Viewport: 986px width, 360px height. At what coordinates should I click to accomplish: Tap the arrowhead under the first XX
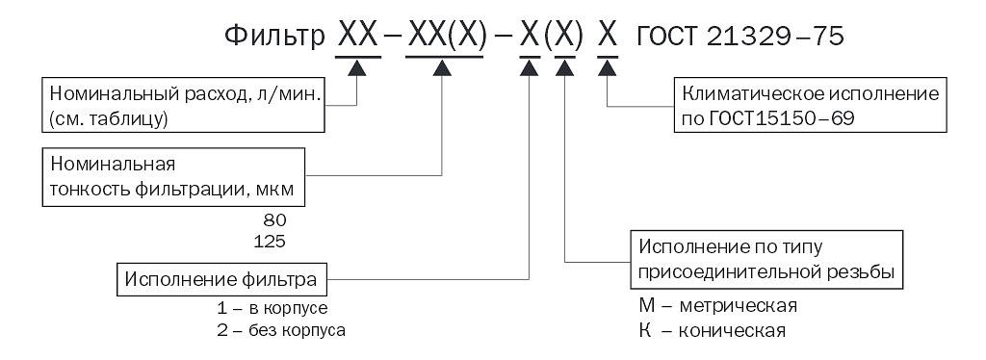[357, 68]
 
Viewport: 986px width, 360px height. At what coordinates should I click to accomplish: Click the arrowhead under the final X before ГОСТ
[607, 68]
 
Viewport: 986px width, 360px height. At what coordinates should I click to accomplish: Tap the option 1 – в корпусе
[272, 310]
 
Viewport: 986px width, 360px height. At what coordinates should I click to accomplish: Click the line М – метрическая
[723, 306]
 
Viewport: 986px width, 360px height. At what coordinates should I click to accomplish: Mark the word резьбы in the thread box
[862, 271]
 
